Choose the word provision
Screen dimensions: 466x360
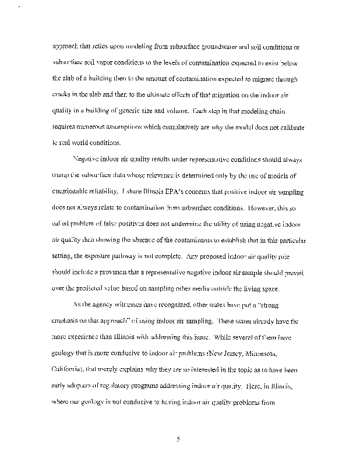point(114,273)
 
